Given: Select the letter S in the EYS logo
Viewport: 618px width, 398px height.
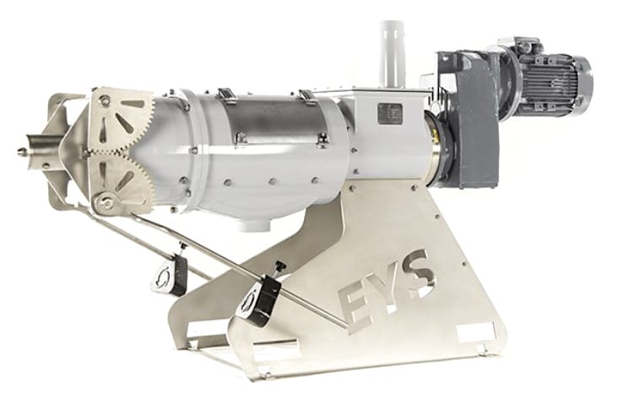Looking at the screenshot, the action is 416,272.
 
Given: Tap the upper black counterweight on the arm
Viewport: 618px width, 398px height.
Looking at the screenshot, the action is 171,272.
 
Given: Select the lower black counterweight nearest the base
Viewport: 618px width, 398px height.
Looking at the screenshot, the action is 257,298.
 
